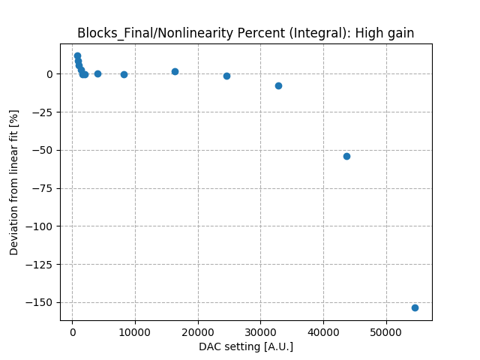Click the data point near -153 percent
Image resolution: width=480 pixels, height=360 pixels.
pos(415,307)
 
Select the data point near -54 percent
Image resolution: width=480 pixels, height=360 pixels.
pos(346,156)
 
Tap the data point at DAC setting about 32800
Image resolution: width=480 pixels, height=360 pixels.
pos(278,85)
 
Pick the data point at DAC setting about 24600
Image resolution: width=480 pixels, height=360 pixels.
pos(226,76)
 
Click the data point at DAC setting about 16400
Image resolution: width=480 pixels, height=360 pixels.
pos(175,71)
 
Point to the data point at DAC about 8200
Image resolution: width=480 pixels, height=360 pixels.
pos(124,74)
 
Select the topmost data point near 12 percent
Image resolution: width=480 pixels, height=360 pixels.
pos(77,55)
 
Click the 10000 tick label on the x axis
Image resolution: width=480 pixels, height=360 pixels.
pos(135,332)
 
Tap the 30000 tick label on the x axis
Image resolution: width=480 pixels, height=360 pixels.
pos(260,332)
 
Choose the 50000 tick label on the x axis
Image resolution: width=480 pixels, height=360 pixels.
pos(386,332)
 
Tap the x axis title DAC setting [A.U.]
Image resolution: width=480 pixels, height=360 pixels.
pos(246,346)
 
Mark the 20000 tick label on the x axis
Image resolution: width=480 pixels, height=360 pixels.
pos(198,332)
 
